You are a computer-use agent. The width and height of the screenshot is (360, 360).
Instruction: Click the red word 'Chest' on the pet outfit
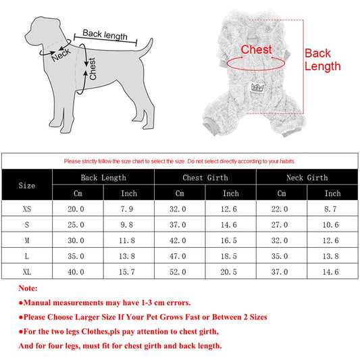click(256, 50)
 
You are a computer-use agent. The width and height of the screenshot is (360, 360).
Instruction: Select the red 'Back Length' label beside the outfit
click(322, 59)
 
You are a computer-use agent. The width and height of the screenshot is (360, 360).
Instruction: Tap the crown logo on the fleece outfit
click(257, 87)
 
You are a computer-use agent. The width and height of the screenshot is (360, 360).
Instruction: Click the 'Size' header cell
click(27, 185)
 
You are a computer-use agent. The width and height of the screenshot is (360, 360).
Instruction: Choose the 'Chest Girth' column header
click(205, 177)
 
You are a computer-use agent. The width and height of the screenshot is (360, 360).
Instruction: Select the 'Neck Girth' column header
click(307, 177)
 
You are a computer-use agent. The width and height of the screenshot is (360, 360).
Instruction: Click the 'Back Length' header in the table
click(103, 177)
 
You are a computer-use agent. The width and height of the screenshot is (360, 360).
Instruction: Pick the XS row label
click(27, 209)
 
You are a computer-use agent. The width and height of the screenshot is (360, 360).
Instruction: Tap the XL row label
click(27, 272)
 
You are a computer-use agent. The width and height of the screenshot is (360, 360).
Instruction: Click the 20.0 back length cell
click(78, 209)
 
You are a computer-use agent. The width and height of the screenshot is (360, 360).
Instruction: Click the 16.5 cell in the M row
click(230, 240)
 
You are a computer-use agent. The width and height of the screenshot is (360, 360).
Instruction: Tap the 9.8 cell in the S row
click(129, 225)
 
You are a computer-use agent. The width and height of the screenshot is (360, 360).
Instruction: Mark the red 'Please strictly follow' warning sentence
click(180, 161)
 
